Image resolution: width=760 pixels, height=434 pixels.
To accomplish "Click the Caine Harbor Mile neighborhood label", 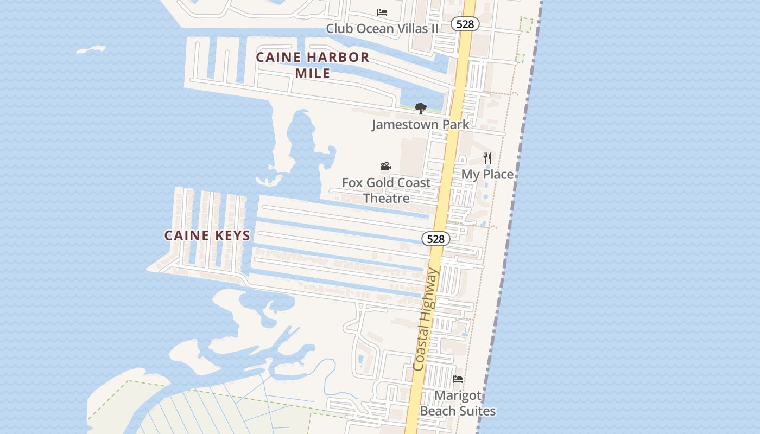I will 313,65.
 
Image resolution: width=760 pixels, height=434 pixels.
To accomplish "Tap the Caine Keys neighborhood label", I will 207,235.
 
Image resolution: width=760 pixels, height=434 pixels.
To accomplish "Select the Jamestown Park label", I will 420,124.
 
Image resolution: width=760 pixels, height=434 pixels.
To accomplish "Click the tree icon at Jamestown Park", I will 420,108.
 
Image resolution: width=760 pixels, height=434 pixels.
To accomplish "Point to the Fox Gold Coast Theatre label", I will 386,190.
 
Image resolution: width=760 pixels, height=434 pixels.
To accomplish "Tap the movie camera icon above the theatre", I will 385,166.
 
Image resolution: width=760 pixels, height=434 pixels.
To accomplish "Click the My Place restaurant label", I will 487,174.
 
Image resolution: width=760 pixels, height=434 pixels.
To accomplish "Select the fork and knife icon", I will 487,158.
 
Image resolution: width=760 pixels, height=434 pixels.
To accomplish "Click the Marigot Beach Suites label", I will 458,403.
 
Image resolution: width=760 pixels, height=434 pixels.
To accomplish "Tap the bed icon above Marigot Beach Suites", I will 458,379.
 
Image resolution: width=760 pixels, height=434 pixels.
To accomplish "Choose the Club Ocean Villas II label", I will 382,28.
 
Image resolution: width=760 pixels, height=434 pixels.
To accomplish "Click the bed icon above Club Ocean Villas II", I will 382,12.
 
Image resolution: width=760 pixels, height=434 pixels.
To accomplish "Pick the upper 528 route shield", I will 465,24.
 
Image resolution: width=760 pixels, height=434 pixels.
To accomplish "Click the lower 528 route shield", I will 435,239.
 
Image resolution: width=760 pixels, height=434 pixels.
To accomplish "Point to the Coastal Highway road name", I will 425,320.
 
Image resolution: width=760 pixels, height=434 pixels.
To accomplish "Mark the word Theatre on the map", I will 386,198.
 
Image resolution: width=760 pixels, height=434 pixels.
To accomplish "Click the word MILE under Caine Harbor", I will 313,73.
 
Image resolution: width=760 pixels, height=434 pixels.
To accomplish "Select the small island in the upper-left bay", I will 91,50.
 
